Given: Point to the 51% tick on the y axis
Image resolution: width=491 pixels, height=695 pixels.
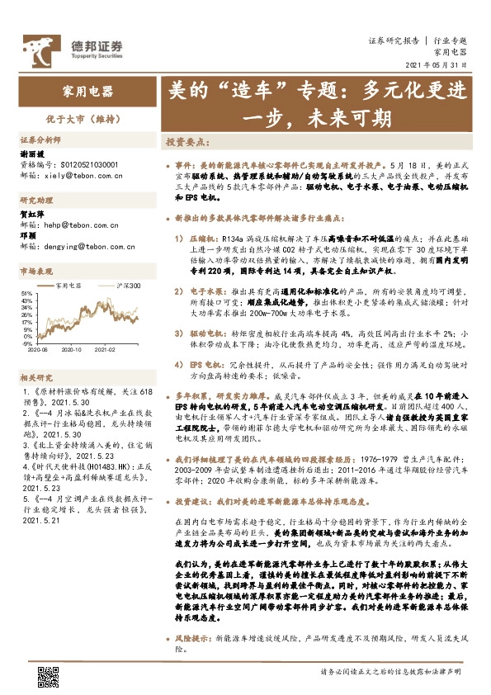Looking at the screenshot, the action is (27, 293).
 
